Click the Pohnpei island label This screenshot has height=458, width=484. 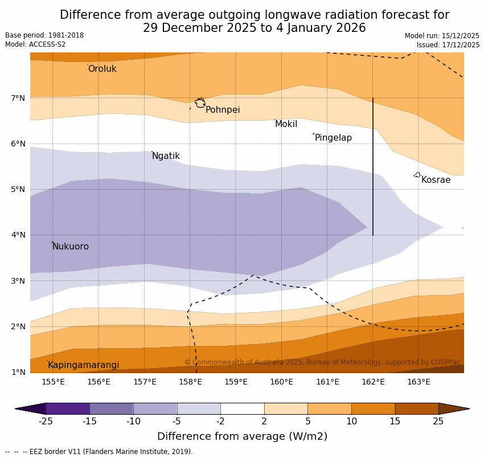click(223, 110)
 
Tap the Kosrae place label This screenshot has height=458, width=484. click(436, 180)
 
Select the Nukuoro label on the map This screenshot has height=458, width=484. click(71, 247)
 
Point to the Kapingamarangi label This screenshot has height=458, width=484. click(84, 365)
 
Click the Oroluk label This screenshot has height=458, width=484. click(102, 69)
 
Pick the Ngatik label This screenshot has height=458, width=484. click(166, 156)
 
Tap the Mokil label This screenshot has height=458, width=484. click(286, 124)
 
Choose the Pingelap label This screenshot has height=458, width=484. click(333, 138)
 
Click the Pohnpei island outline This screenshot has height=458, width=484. click(200, 103)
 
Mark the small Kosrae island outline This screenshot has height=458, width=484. click(417, 175)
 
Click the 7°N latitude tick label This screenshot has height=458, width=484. click(18, 98)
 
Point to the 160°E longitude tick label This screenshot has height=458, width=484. click(281, 382)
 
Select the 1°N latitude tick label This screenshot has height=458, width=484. click(18, 372)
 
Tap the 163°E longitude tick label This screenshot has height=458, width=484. click(419, 382)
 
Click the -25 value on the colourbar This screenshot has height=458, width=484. click(46, 422)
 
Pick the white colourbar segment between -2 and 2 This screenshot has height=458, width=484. click(242, 408)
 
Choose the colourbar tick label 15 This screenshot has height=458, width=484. click(395, 422)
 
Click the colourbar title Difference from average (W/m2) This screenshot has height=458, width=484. click(242, 437)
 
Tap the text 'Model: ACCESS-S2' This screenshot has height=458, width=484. click(35, 44)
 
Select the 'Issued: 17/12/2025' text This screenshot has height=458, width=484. click(448, 45)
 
